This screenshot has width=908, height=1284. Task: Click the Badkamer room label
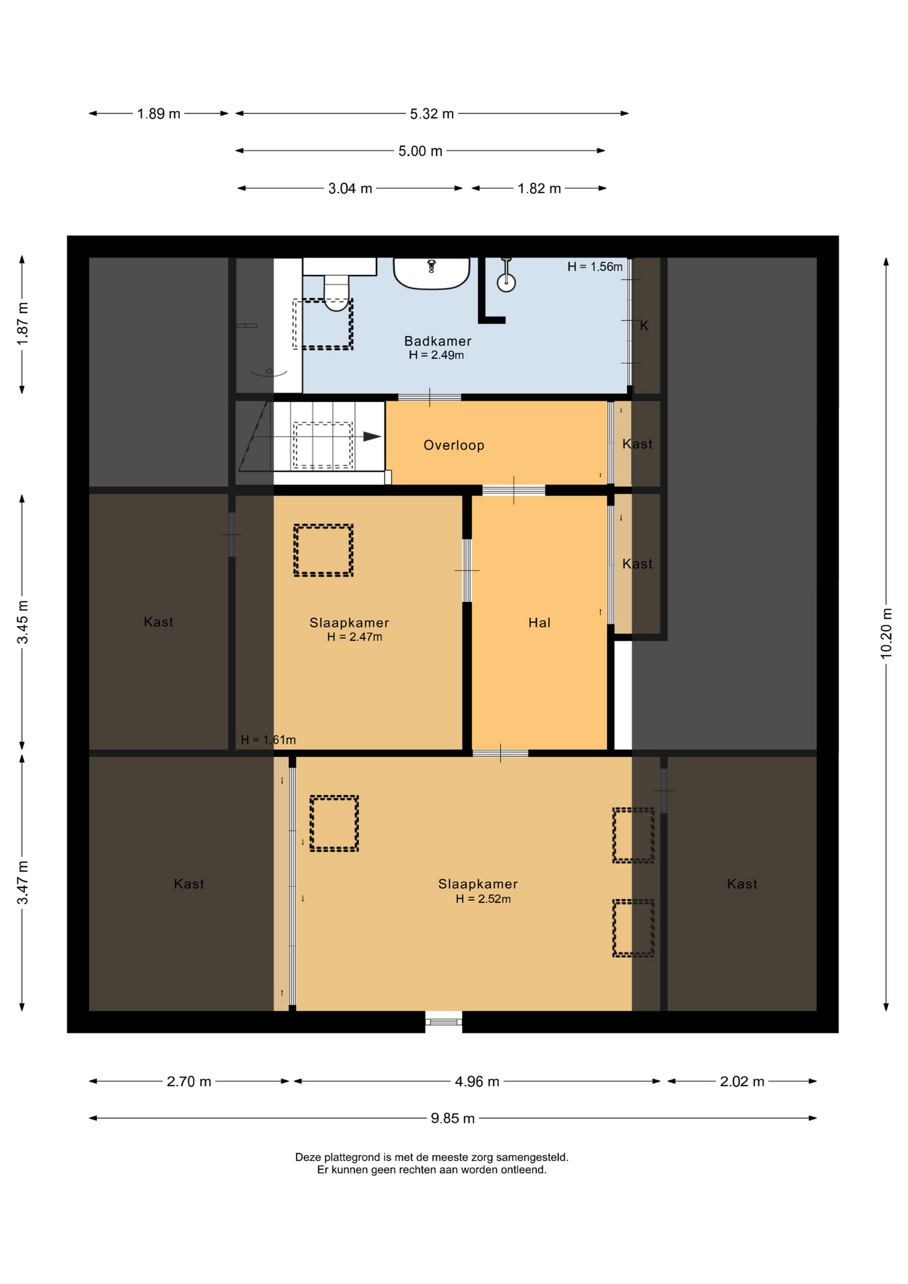437,341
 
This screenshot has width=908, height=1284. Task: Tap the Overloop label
453,445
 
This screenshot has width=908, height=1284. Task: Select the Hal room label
539,623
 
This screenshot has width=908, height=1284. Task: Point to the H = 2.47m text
354,637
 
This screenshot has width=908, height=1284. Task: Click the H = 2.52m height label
483,899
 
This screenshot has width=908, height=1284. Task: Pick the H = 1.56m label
595,267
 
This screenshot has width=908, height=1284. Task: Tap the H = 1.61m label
268,740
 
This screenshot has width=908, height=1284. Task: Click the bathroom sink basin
431,273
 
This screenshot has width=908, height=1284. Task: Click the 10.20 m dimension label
886,633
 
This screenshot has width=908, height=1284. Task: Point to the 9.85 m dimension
453,1118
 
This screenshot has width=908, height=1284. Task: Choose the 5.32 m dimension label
432,114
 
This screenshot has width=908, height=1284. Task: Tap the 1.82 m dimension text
539,189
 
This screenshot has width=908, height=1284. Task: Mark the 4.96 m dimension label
477,1081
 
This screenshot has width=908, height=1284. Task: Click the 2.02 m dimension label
742,1081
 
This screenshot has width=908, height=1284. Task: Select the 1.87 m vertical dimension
22,324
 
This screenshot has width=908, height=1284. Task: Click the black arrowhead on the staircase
372,437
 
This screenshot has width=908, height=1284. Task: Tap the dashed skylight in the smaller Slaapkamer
323,550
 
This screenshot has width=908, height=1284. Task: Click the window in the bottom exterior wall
443,1022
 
